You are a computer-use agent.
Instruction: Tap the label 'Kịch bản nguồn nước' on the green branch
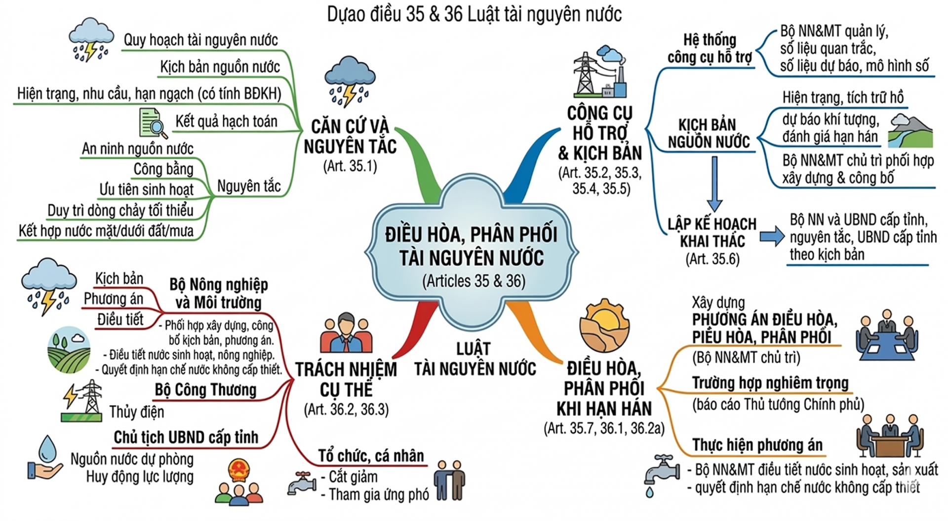220,67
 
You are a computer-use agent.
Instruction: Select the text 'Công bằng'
163,169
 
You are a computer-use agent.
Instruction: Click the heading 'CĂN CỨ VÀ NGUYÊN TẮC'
350,136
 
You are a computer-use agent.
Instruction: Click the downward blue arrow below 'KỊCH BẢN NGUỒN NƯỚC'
714,184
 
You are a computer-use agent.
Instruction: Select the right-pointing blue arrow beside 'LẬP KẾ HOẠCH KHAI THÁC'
772,236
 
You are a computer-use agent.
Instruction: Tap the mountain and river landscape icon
910,131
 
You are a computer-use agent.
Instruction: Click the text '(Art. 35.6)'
712,259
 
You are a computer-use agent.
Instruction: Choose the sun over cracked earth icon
604,326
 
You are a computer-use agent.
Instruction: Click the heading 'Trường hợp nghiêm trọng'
770,383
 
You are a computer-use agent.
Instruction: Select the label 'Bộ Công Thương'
205,390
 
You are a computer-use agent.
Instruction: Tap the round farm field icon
69,349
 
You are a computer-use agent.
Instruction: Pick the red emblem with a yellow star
239,471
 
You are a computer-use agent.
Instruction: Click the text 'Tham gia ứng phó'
379,495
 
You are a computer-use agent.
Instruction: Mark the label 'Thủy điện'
137,412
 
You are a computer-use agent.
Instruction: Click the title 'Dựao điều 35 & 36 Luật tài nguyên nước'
474,15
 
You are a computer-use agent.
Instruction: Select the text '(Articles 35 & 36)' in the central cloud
474,281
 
